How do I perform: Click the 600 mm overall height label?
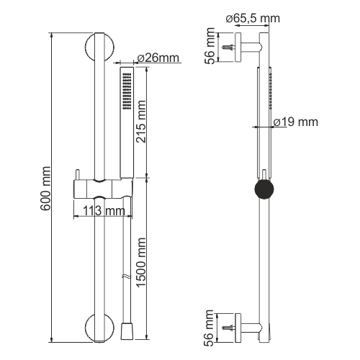tap(45, 189)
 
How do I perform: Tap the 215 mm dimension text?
tap(142, 122)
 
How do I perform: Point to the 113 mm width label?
tap(102, 211)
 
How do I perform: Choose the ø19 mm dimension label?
tap(295, 122)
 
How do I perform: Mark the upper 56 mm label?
tap(210, 48)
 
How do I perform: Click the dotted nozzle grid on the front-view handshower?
tap(127, 94)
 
